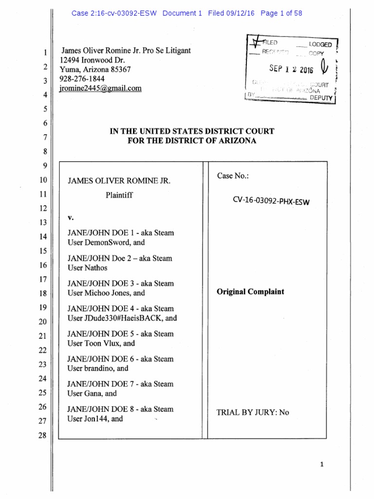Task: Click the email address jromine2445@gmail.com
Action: click(100, 88)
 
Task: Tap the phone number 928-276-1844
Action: click(82, 78)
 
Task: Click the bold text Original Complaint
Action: click(250, 292)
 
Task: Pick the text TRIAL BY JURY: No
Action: click(253, 412)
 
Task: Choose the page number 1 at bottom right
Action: click(322, 464)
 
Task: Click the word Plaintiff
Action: click(119, 195)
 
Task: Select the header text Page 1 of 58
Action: click(281, 13)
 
